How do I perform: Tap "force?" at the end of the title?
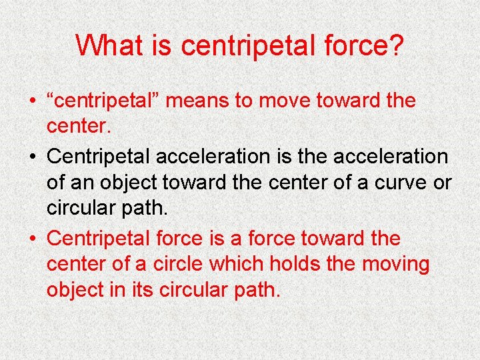coord(365,46)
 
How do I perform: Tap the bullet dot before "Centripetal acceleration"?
coord(33,157)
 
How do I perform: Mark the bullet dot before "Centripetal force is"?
coord(33,239)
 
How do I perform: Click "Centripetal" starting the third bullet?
coord(99,239)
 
